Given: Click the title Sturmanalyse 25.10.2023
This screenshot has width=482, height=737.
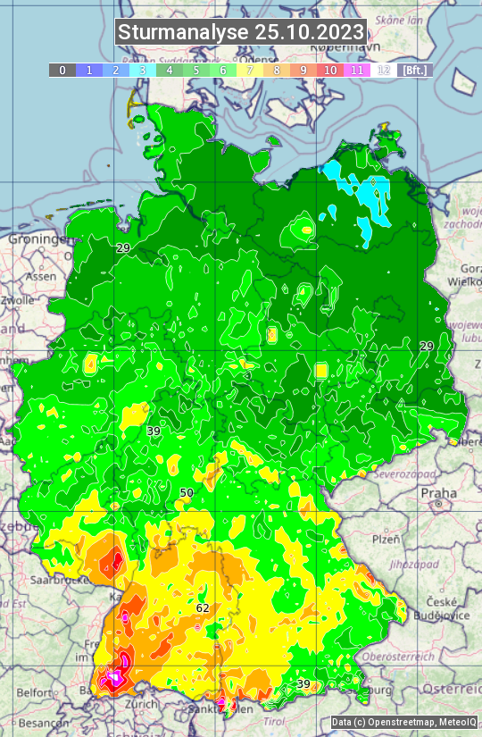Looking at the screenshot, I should [241, 32].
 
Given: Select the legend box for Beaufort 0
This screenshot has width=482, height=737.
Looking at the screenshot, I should [62, 70].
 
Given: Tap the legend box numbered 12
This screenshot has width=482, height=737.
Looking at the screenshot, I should [384, 70].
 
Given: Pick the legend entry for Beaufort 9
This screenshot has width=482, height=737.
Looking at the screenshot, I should [303, 70].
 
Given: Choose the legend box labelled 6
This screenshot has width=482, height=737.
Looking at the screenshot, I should [222, 70].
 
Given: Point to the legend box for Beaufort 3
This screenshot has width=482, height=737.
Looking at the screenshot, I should [142, 70].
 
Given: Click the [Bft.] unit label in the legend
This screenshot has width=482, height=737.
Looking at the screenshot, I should [415, 70].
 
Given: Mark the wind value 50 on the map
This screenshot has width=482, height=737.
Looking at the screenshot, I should [187, 492].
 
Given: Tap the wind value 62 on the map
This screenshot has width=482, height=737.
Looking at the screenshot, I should [203, 607].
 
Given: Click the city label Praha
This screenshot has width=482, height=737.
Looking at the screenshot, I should [438, 492].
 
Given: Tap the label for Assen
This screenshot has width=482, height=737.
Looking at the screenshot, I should [40, 277].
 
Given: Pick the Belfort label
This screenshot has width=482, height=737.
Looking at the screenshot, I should [34, 692].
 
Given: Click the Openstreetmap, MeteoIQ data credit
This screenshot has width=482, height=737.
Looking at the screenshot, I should [403, 722].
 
